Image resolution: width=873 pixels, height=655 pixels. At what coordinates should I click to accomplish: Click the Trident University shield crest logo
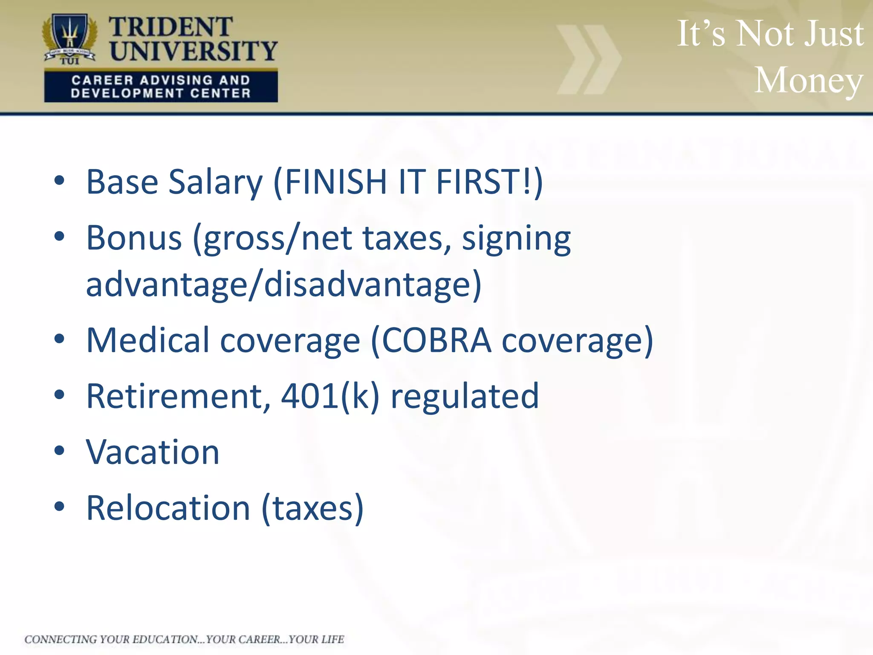(70, 38)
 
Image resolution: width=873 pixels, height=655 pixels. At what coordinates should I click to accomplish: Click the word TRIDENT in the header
(171, 27)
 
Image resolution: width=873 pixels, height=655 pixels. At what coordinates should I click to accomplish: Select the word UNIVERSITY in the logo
(193, 51)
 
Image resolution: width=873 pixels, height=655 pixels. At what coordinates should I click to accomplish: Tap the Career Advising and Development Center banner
(161, 87)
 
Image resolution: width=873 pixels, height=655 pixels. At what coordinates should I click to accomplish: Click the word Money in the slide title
(809, 80)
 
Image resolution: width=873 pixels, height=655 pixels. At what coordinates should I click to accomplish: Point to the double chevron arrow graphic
(589, 59)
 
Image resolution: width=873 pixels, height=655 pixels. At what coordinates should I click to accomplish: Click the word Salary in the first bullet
(216, 182)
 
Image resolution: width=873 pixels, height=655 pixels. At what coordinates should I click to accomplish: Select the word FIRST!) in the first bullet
(489, 182)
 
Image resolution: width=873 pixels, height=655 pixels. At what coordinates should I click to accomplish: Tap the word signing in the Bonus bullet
(516, 239)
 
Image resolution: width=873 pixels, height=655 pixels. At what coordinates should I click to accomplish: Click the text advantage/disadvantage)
(283, 285)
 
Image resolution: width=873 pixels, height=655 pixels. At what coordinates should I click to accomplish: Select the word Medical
(147, 340)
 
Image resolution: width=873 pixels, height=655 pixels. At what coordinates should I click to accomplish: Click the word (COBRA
(431, 340)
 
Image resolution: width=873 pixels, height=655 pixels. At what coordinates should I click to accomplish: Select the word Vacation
(153, 452)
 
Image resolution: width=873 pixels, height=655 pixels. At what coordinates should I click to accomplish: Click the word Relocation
(168, 508)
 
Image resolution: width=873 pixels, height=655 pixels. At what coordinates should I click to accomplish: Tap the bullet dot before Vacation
(59, 451)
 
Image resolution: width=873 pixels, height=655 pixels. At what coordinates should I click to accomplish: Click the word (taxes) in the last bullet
(312, 508)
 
